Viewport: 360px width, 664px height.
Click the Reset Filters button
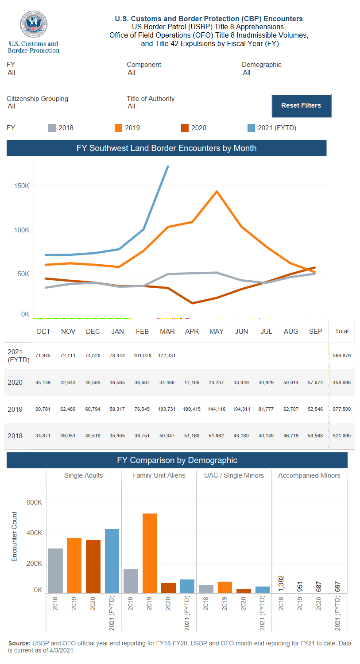[x=301, y=106]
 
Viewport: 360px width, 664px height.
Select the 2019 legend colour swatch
[x=118, y=128]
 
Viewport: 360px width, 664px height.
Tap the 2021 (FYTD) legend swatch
[x=251, y=128]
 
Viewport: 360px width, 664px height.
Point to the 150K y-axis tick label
[x=22, y=186]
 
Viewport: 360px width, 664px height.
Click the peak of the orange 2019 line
[x=217, y=191]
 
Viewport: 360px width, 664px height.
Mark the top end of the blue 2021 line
[x=168, y=166]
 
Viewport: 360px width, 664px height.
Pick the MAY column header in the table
[x=217, y=332]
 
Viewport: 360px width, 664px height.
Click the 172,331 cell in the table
[x=167, y=355]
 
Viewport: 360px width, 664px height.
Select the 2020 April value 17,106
[x=192, y=382]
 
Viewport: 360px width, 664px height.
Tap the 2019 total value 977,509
[x=341, y=409]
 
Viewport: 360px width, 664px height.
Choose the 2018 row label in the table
[x=15, y=436]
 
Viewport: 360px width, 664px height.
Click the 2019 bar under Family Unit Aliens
[x=150, y=553]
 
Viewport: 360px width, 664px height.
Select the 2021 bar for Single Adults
[x=112, y=561]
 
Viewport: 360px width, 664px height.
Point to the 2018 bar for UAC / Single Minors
[x=206, y=589]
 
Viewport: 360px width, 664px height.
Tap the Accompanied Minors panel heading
[x=309, y=475]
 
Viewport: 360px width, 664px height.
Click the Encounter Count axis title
[x=15, y=537]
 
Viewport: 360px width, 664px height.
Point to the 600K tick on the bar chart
[x=34, y=502]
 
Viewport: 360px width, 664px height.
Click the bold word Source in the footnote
[x=19, y=643]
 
